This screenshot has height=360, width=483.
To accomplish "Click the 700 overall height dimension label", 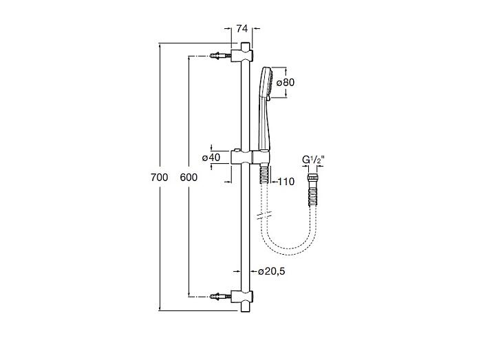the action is click(x=159, y=178).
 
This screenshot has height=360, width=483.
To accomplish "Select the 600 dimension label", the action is click(x=189, y=178).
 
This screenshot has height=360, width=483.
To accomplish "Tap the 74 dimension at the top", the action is click(x=242, y=29).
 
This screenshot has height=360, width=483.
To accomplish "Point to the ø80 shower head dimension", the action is click(x=286, y=83).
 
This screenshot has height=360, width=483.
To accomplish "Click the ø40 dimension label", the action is click(x=211, y=158).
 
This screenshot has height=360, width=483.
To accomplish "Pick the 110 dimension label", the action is click(x=286, y=182).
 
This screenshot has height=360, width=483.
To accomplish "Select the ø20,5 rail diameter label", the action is click(x=272, y=271).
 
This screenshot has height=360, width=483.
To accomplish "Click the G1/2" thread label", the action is click(x=313, y=160).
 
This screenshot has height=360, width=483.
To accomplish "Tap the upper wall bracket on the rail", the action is click(x=242, y=56).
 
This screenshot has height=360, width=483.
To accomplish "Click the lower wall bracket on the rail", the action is click(x=242, y=297).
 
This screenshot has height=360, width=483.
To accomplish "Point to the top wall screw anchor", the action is click(x=220, y=56).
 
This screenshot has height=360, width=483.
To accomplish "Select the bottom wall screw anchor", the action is click(x=220, y=297).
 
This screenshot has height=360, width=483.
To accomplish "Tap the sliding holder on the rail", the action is click(x=250, y=157).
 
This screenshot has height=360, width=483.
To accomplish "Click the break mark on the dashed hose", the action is click(x=265, y=215).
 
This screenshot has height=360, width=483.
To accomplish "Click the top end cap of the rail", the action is click(x=245, y=45).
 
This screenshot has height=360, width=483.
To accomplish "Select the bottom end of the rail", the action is click(x=245, y=307).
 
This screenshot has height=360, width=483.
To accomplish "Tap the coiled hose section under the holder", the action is click(x=265, y=174).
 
